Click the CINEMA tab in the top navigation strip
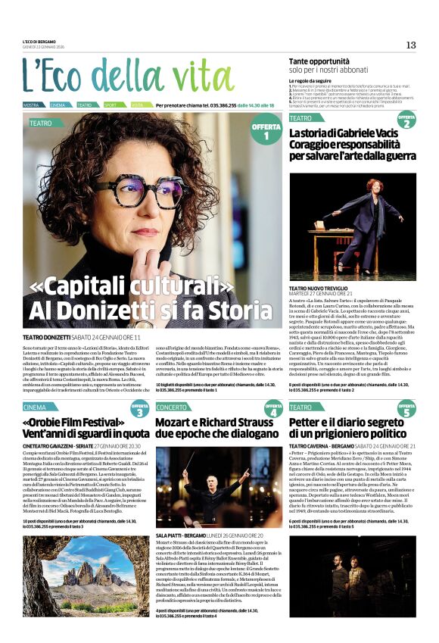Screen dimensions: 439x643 click(58, 105)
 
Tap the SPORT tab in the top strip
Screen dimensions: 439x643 click(111, 105)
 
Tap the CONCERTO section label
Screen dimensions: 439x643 click(173, 407)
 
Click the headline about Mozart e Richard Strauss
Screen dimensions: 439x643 click(214, 428)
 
